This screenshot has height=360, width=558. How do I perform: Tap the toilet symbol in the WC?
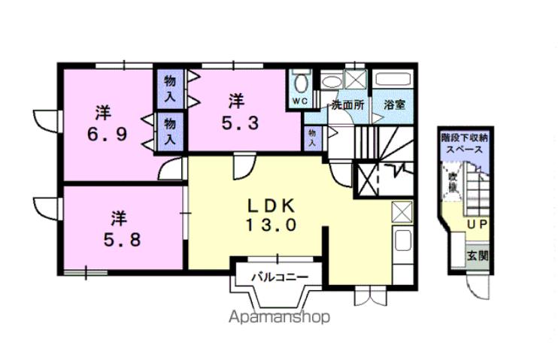click(x=300, y=82)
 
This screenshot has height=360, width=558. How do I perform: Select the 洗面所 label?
click(x=347, y=105)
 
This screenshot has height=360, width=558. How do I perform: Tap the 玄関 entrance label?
click(x=477, y=255)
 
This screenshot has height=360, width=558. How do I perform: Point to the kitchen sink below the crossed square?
click(x=402, y=242)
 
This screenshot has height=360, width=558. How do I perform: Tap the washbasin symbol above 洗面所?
click(x=331, y=80)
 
